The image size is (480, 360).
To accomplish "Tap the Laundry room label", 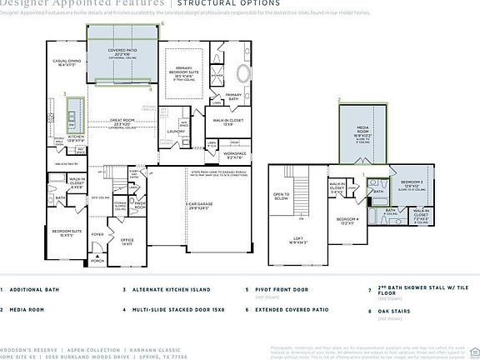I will click(176, 131).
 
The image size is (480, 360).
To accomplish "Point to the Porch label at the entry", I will click(99, 261).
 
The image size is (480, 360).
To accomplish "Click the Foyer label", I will click(97, 234).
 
